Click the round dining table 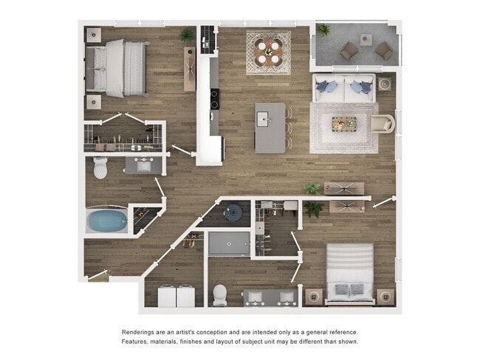268,51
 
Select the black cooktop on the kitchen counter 214,99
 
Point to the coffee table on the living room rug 343,124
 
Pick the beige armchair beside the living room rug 384,123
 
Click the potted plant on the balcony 323,30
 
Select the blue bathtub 106,220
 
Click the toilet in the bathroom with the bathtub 101,169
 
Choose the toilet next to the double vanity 220,294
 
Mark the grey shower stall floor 229,243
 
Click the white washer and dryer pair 176,297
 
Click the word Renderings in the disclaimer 143,332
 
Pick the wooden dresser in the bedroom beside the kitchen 190,69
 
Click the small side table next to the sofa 385,83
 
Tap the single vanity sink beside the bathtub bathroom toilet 140,166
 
